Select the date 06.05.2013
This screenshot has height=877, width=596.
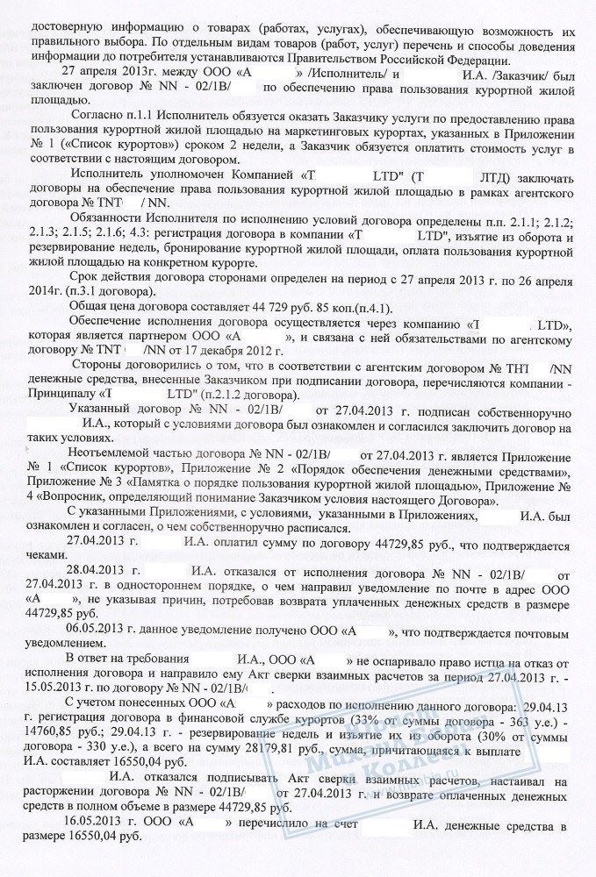97,630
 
